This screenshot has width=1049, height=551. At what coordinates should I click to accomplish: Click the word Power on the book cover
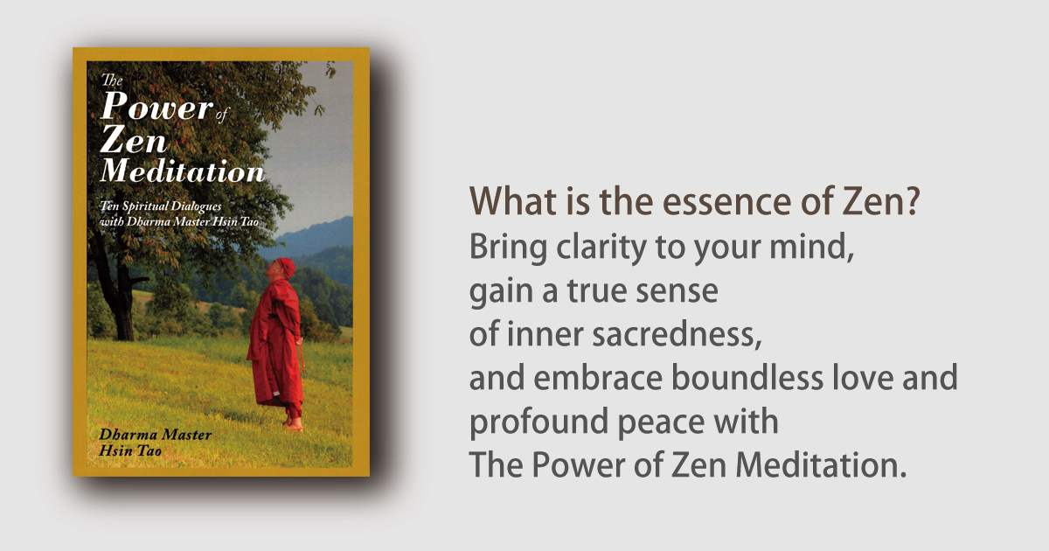point(156,107)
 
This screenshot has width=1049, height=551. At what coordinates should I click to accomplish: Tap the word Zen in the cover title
point(134,139)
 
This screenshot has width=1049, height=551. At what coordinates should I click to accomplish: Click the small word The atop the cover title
point(112,80)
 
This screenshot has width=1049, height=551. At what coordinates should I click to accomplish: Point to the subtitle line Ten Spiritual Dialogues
point(161,206)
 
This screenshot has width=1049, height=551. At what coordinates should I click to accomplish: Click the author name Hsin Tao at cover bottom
point(130,450)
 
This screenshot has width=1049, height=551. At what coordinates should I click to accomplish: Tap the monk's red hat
point(286,268)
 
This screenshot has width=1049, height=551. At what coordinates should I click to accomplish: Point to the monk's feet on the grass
point(293,424)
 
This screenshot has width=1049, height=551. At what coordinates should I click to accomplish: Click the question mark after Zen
point(912,200)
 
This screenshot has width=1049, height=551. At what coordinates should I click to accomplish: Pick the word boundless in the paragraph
point(747,377)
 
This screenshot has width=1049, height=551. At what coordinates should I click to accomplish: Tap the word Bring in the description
point(508,248)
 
